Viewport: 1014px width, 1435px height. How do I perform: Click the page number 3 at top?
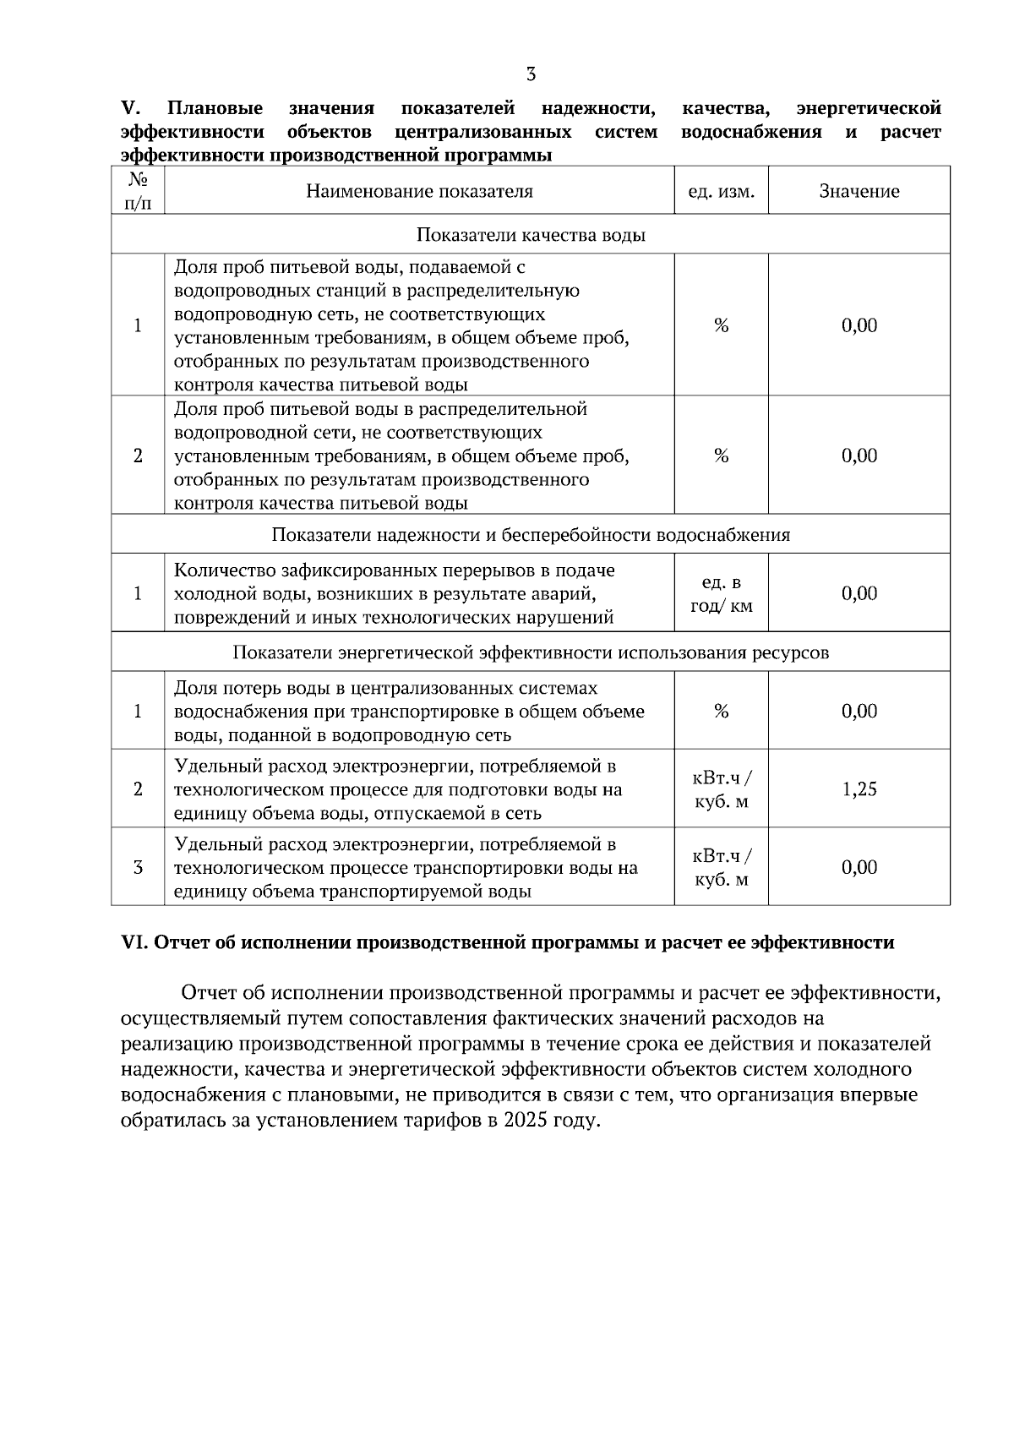531,74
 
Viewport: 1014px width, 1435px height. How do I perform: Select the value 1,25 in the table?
859,789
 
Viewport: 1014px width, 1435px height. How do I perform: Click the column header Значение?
859,191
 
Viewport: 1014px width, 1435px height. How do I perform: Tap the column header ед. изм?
721,191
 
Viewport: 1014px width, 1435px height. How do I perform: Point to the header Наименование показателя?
419,191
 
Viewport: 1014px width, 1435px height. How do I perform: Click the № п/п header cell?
138,191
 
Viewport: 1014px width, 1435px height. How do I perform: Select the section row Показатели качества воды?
531,235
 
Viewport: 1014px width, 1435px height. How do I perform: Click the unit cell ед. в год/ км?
721,594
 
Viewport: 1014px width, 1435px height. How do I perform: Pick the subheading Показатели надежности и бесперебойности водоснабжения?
531,535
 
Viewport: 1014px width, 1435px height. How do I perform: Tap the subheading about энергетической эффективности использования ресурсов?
531,652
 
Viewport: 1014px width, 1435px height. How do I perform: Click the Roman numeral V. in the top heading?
130,108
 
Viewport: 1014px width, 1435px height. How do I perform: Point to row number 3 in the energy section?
138,868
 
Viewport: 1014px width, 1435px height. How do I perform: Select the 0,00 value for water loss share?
859,712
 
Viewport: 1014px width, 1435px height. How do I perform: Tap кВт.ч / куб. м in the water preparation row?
721,789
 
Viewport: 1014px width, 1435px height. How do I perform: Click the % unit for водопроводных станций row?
721,326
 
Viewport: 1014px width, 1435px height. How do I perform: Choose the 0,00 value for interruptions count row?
859,594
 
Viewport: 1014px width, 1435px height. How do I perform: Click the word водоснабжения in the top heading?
750,132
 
